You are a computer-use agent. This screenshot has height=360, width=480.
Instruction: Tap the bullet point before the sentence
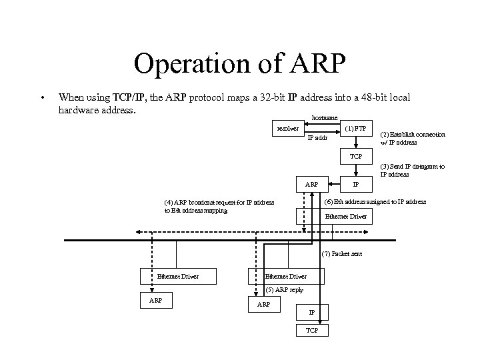point(42,98)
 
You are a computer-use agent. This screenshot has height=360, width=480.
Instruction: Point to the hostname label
point(325,118)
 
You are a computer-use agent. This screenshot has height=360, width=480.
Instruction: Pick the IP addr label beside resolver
point(318,138)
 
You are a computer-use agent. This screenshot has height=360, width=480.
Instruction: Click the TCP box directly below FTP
point(356,156)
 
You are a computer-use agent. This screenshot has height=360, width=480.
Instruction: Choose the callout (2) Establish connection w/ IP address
point(413,138)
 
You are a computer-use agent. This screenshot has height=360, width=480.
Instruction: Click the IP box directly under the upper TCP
point(356,184)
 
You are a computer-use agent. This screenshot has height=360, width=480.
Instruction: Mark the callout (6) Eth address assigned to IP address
point(375,201)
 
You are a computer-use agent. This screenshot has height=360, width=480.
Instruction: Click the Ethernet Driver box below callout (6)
point(345,216)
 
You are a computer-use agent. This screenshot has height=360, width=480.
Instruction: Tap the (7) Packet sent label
point(343,254)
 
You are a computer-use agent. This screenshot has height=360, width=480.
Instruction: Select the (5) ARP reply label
point(285,289)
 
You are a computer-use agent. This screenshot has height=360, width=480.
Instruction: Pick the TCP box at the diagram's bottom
point(311,331)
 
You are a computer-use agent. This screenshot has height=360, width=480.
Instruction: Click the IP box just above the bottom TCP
point(311,312)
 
